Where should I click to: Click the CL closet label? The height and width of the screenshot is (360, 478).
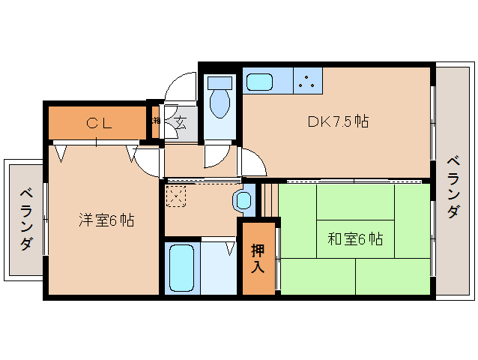tap(98, 124)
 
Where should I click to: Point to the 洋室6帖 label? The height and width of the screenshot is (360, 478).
tap(106, 220)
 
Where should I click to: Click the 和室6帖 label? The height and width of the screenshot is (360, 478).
tap(355, 239)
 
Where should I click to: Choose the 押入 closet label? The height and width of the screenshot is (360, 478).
tap(258, 257)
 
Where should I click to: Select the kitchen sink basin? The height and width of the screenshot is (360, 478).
tap(261, 80)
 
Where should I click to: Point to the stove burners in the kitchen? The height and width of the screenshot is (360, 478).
tap(307, 80)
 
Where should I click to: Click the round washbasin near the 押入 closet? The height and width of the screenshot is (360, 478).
tap(243, 200)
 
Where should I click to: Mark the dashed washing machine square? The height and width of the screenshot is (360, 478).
tap(176, 196)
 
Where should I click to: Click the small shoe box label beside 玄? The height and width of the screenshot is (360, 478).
tap(157, 120)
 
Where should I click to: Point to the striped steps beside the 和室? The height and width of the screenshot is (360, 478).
tap(268, 201)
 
